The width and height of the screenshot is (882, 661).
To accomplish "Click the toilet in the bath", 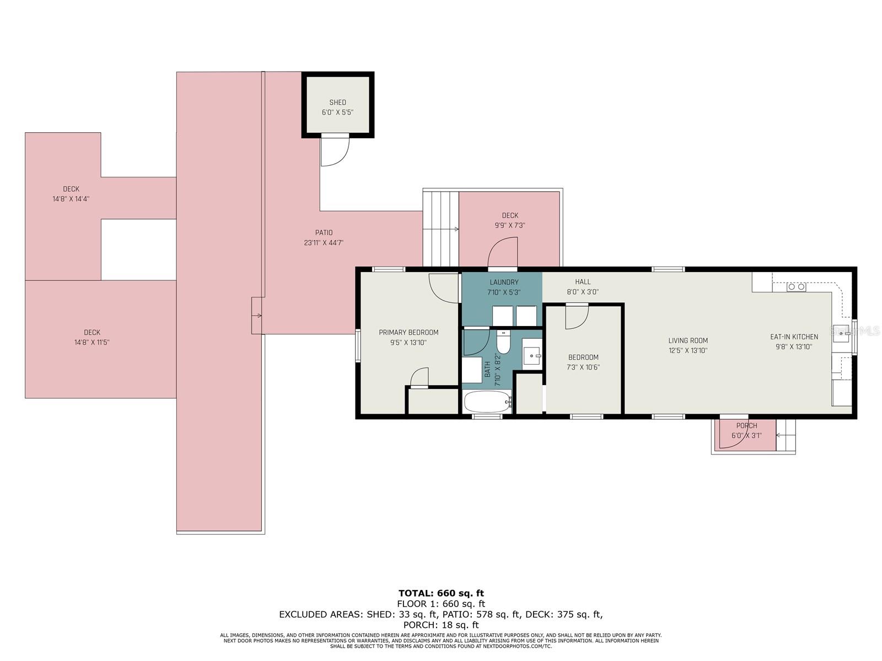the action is (x=503, y=342).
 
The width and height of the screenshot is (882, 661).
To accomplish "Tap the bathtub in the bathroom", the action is (x=487, y=402).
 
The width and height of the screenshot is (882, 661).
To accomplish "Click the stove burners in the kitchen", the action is (x=796, y=287).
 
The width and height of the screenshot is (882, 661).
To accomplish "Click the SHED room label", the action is (x=337, y=103).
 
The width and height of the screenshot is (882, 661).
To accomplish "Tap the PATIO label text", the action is (x=324, y=233).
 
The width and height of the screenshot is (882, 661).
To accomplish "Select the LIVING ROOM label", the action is (x=688, y=341).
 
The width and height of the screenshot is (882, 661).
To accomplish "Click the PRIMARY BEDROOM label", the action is (x=408, y=332).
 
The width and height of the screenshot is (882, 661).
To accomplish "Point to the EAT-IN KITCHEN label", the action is (x=794, y=337).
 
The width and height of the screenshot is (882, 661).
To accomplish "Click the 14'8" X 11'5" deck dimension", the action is (x=92, y=342).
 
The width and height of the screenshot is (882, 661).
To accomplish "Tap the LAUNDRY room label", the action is (x=504, y=282).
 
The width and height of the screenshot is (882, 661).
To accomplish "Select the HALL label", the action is (x=583, y=282).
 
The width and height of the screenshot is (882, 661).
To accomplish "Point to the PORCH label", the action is (x=746, y=426).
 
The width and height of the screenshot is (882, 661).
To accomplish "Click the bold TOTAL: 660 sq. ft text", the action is (x=441, y=593).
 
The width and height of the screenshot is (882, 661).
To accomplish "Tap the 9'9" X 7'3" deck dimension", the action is (x=510, y=225).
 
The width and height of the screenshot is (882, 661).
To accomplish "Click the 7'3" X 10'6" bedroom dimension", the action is (x=583, y=367).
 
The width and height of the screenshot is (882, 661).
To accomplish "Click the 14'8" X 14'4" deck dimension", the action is (x=71, y=199).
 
